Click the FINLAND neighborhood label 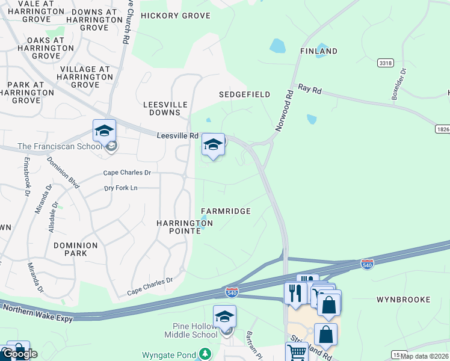[319, 51]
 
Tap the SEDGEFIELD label [244, 95]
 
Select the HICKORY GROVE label [176, 16]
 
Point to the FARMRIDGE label [226, 211]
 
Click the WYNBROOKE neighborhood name [403, 299]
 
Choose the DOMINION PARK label [75, 249]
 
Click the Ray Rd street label [310, 90]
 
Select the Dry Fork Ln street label [121, 188]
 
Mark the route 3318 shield [385, 63]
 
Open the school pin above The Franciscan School [104, 131]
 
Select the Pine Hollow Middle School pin [224, 316]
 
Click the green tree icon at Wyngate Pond [206, 354]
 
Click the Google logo [19, 354]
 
